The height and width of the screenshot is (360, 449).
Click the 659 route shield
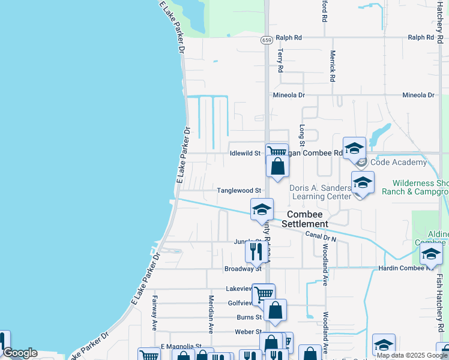click(x=267, y=40)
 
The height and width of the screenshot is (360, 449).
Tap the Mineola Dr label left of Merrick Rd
click(x=289, y=95)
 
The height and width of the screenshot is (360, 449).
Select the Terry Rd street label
click(x=280, y=61)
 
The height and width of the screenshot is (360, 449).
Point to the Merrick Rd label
click(x=331, y=66)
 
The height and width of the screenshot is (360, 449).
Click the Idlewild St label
click(x=245, y=153)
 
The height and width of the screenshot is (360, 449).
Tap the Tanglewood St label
click(x=239, y=190)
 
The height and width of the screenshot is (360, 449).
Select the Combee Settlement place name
click(x=307, y=219)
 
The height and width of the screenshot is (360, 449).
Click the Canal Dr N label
click(x=321, y=236)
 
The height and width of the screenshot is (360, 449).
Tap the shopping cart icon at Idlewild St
click(x=277, y=152)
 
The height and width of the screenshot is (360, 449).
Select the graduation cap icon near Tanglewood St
click(x=262, y=209)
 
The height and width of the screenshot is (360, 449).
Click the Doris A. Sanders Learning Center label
click(x=321, y=192)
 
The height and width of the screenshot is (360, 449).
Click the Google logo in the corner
click(x=20, y=353)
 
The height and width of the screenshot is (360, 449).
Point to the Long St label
click(x=302, y=135)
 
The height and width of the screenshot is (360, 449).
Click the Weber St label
click(x=248, y=332)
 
